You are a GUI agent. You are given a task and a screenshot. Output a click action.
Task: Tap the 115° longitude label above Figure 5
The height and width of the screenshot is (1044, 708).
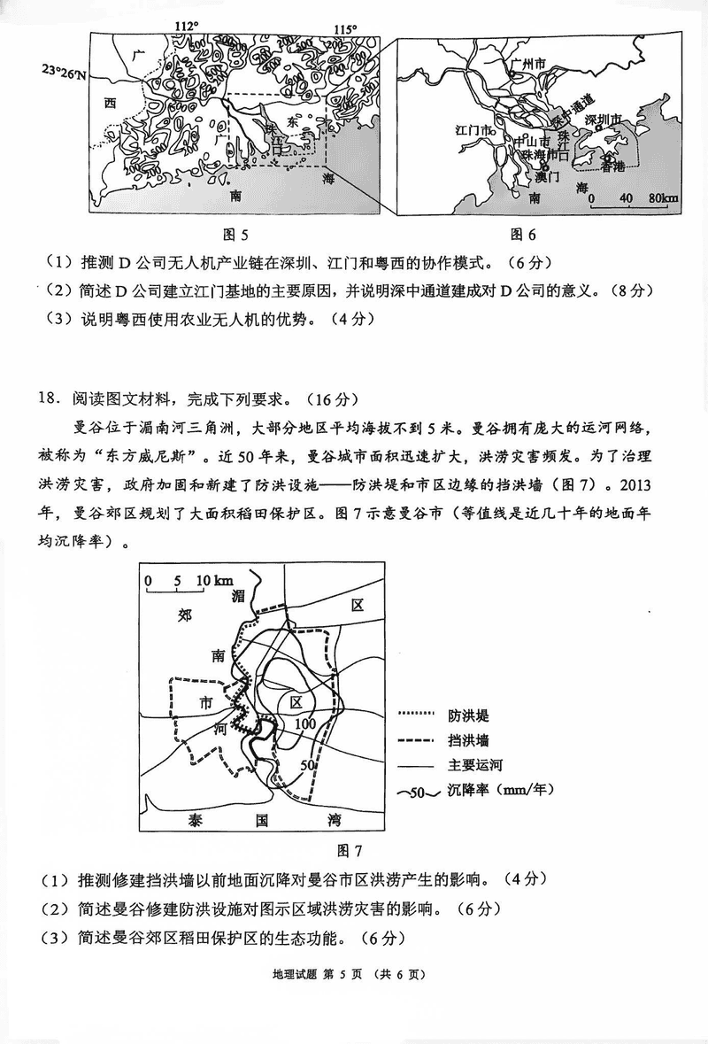(345, 29)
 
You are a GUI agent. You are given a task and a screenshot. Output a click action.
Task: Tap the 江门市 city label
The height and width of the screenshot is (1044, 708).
(473, 131)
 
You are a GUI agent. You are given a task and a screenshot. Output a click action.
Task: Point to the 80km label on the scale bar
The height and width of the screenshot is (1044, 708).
(663, 197)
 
